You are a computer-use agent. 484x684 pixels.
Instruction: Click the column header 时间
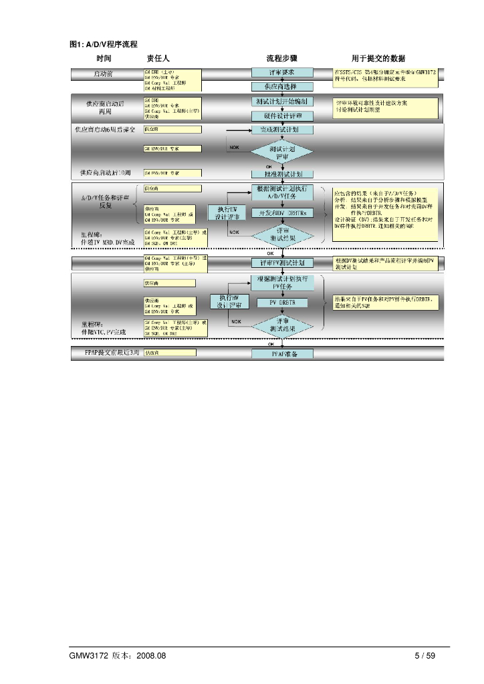coord(104,59)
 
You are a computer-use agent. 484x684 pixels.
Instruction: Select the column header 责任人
coord(158,59)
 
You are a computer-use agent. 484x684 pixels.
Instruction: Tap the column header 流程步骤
coord(281,59)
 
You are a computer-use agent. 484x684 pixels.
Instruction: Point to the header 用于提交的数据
coord(379,59)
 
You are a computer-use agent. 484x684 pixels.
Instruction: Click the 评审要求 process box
coord(283,72)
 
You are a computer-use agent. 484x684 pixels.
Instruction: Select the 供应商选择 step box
coord(283,87)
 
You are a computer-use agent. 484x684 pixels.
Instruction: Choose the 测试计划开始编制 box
coord(283,102)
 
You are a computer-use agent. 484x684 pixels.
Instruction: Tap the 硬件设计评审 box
coord(283,116)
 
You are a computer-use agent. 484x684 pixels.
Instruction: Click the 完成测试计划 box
coord(283,130)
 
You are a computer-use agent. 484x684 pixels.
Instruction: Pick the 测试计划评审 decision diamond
coord(283,151)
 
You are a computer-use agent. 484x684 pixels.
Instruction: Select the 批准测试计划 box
coord(283,173)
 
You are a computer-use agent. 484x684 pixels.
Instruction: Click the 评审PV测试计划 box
coord(283,263)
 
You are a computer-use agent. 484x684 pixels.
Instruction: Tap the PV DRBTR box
coord(283,303)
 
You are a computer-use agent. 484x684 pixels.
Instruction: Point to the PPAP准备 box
coord(283,353)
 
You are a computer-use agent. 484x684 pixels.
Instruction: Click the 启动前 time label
coord(103,73)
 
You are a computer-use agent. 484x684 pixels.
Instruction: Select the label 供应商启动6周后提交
coord(104,128)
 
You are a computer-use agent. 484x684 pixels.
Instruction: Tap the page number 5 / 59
coord(425,655)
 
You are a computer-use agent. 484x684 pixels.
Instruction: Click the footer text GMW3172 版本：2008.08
coord(117,655)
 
